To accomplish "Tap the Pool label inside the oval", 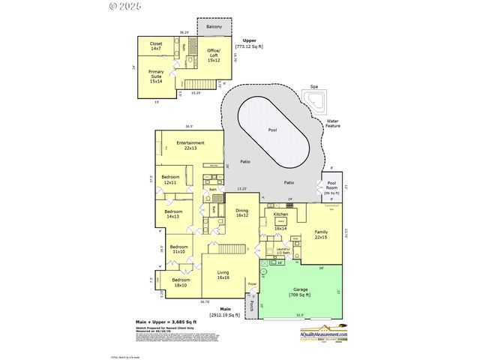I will [x=272, y=129].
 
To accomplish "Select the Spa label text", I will [x=313, y=88].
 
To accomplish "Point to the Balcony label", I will [x=214, y=28].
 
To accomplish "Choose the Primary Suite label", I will [x=156, y=74].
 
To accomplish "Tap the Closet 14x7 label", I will [x=156, y=46].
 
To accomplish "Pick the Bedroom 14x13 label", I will [x=175, y=214].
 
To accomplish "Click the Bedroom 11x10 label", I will [x=178, y=249].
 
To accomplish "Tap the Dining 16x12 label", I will [x=242, y=213].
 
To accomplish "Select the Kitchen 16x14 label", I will [x=280, y=216].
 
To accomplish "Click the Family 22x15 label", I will [x=321, y=235].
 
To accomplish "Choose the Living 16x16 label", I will [x=223, y=275].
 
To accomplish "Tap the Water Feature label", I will [x=332, y=124].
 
